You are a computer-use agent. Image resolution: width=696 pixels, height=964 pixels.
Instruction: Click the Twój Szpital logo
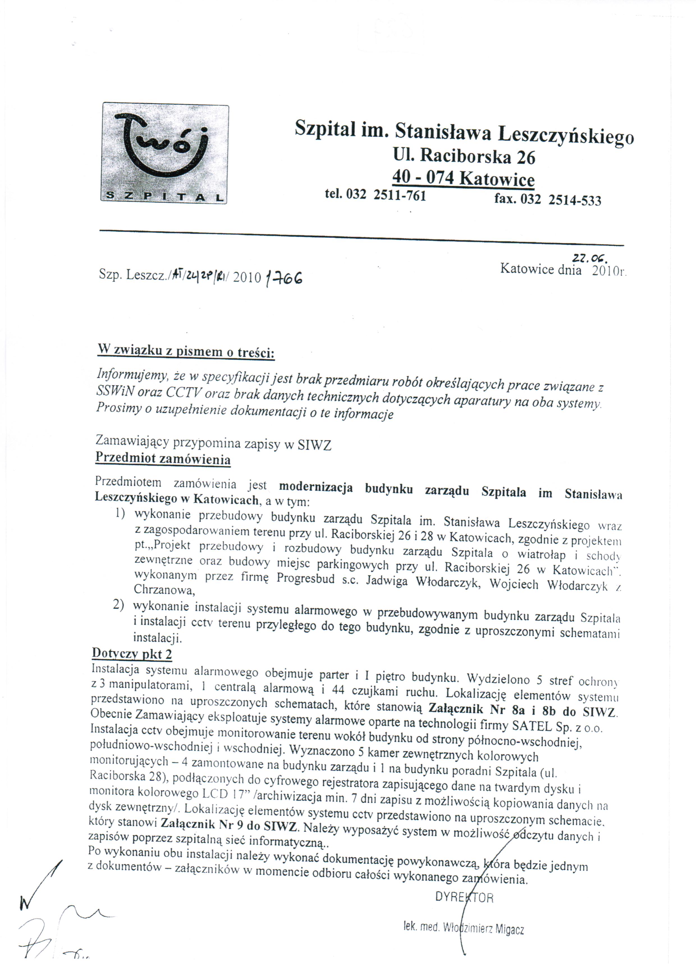click(x=165, y=153)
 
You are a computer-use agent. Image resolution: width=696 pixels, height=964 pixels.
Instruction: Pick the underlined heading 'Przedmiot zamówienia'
click(x=163, y=459)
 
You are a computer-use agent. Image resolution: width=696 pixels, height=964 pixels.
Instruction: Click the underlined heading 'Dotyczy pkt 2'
click(x=132, y=653)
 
